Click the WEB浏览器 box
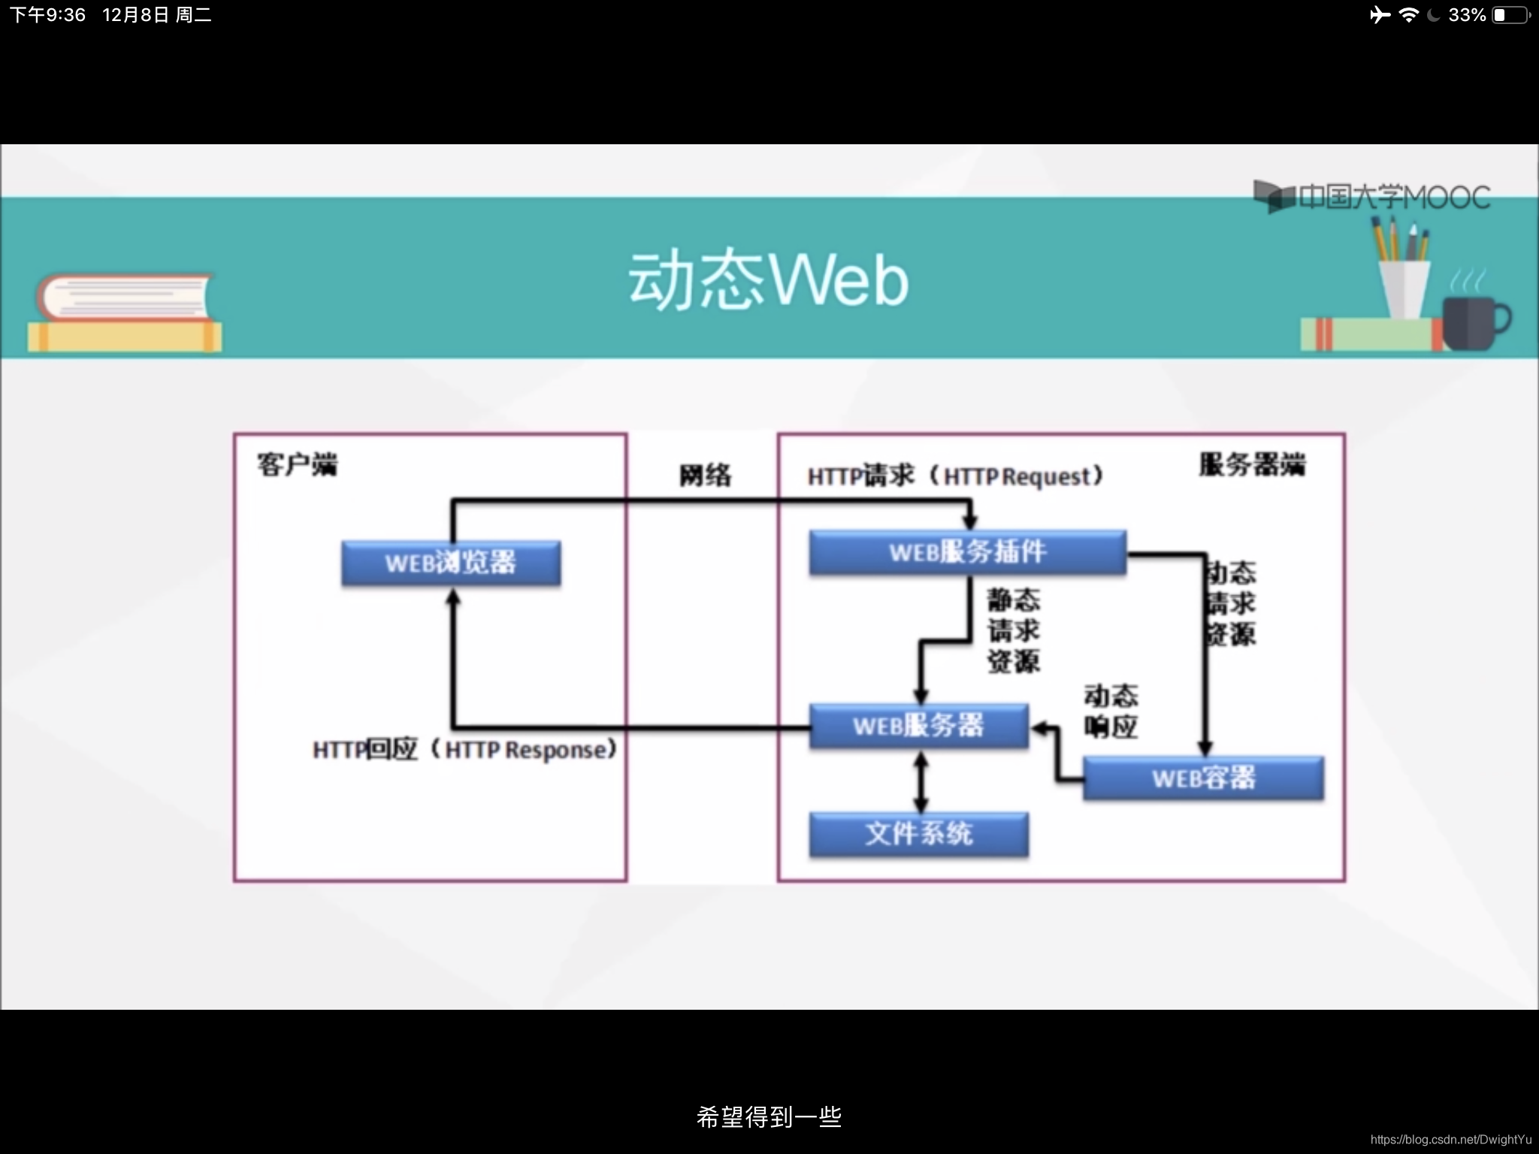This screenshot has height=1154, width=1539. (451, 563)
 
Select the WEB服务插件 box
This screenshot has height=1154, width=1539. (967, 552)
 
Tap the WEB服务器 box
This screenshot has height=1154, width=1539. (918, 726)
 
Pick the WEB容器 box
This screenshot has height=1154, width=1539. (1203, 778)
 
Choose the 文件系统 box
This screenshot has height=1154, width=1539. (918, 834)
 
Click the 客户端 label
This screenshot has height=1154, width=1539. (298, 465)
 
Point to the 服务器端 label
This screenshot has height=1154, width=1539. (1252, 465)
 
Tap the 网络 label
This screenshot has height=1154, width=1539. (705, 476)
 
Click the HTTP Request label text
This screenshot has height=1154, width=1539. (955, 476)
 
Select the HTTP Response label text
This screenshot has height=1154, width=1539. (465, 749)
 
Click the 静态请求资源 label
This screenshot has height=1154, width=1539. (1014, 630)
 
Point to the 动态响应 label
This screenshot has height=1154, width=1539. (1111, 711)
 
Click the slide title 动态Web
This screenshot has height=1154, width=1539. (768, 281)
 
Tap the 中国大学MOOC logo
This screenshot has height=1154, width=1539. (1372, 197)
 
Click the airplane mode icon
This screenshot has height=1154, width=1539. (1380, 15)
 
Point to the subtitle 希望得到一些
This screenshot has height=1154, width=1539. (769, 1117)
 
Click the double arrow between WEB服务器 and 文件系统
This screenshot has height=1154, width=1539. (921, 781)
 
